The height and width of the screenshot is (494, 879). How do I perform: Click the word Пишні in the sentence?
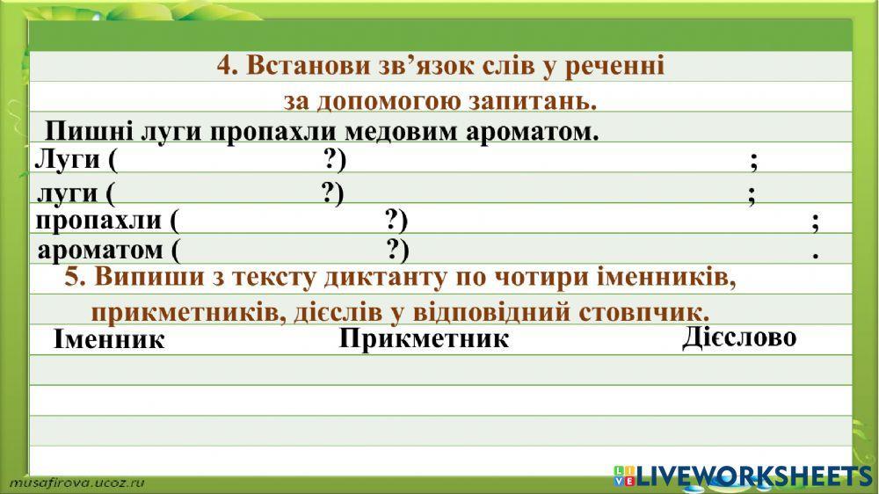tap(82, 132)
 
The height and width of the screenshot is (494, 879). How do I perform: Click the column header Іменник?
tap(109, 339)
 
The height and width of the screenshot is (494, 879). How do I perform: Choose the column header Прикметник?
tap(424, 338)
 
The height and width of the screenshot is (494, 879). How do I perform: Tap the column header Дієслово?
tap(739, 338)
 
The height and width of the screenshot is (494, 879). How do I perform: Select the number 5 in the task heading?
tap(73, 277)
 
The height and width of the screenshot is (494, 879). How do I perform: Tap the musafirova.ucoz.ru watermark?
tap(77, 483)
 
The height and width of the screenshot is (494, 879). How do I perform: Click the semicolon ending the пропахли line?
tap(817, 222)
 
